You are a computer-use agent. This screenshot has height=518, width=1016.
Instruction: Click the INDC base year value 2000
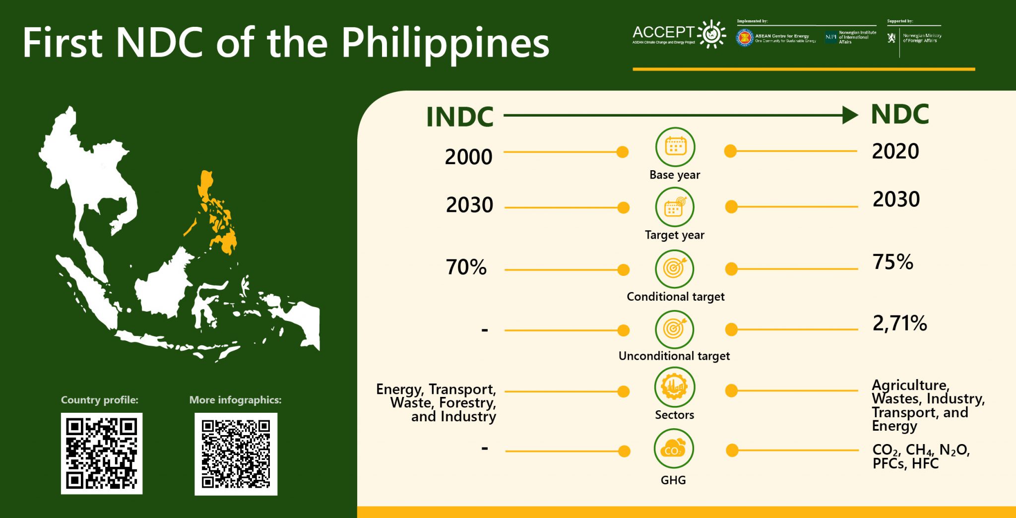point(468,157)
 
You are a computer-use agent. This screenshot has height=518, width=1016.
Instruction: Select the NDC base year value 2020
point(895,151)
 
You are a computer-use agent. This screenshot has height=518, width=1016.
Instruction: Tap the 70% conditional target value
point(466,267)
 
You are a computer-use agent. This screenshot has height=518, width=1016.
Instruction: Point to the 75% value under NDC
point(892,262)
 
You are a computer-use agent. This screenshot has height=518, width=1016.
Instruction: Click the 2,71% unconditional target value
point(899,324)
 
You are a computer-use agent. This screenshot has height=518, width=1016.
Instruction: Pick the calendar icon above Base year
point(675,147)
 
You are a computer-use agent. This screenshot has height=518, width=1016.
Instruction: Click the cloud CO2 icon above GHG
point(674,449)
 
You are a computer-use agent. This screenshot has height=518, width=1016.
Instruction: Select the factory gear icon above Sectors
point(674,387)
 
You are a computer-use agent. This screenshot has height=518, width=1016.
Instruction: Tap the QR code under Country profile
point(102,453)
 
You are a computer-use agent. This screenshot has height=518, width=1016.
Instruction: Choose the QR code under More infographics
point(236,454)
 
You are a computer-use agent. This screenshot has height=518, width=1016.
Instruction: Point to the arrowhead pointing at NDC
point(850,115)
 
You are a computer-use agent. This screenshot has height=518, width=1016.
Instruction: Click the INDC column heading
point(460,117)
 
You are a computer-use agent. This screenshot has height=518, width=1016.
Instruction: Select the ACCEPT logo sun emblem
point(712,34)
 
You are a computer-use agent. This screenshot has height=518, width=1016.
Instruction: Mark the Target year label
point(674,235)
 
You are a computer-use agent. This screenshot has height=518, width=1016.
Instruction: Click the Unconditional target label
point(674,356)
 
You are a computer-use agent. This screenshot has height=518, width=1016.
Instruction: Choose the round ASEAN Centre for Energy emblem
point(745,38)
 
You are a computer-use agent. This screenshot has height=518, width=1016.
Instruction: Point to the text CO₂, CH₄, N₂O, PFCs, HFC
point(920,456)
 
